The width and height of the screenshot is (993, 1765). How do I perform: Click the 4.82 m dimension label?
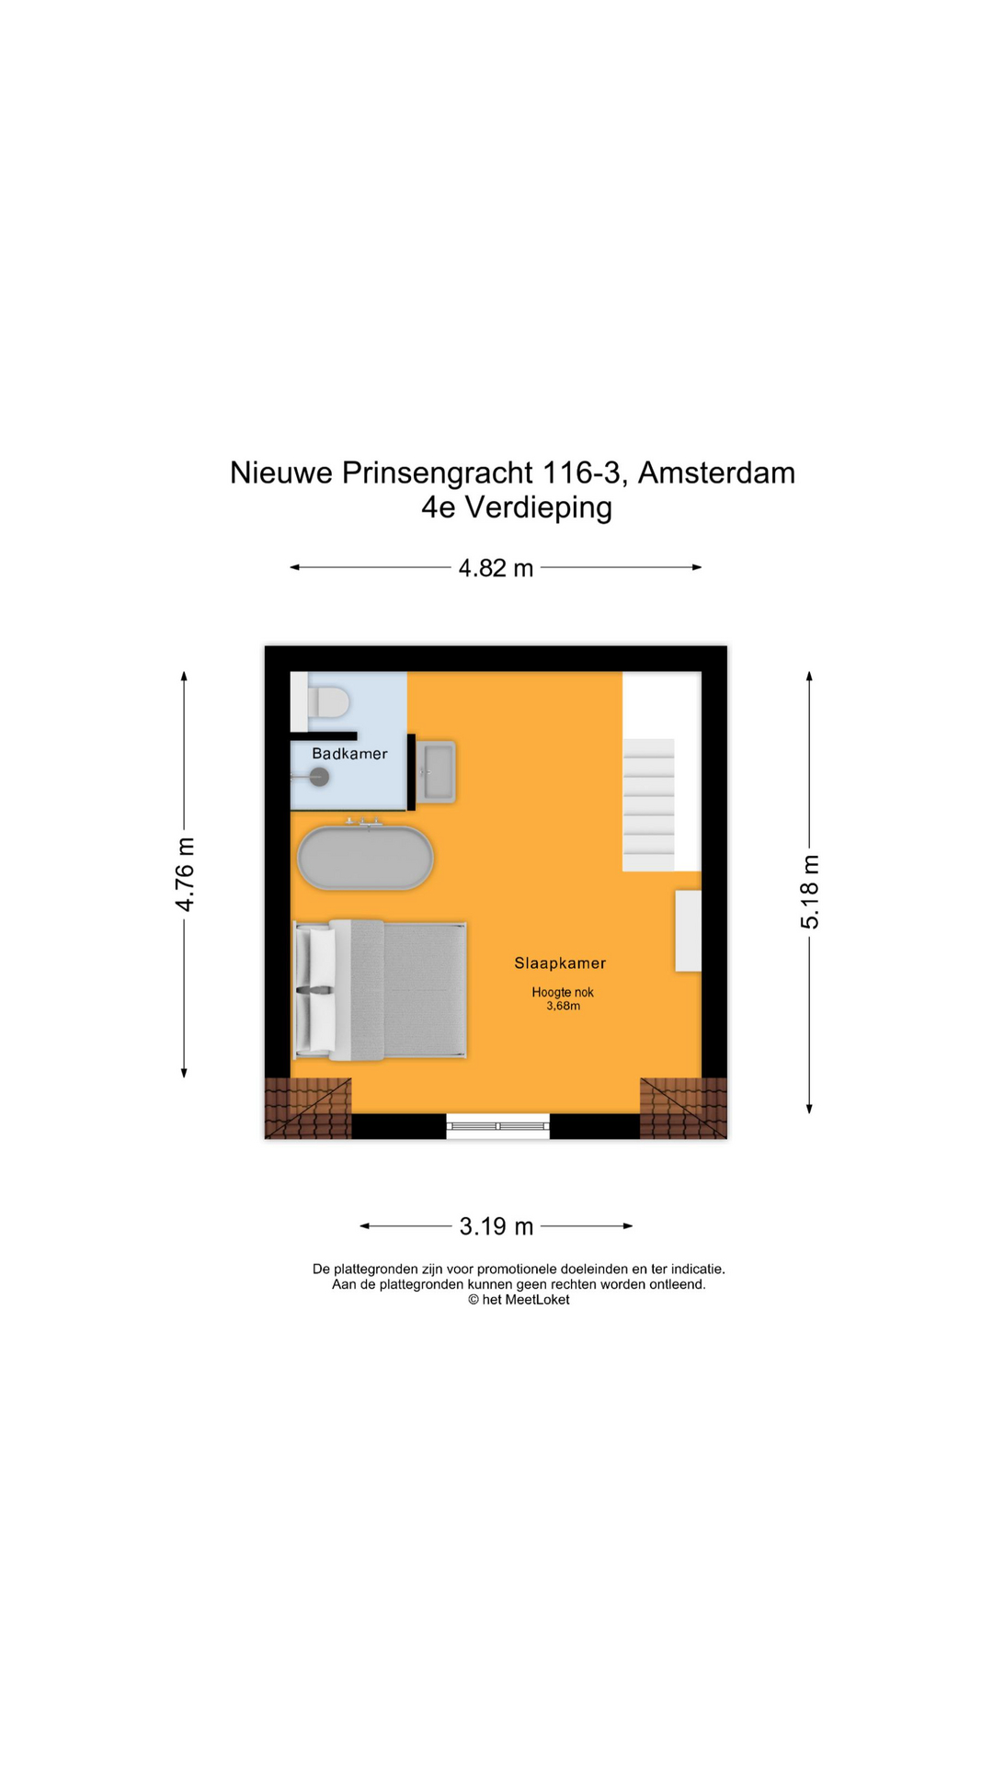coord(496,568)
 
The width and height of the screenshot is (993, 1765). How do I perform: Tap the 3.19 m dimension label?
coord(496,1226)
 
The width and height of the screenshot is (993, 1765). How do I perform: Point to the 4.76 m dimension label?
coord(185,874)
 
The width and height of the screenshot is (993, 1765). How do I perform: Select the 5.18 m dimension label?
coord(809,892)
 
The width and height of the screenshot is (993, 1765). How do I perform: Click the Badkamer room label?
coord(349,754)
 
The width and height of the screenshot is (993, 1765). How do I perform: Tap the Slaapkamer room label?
coord(560,963)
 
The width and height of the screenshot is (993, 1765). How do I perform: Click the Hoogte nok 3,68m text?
coord(563,999)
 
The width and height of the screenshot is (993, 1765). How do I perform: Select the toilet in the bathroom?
coord(326,702)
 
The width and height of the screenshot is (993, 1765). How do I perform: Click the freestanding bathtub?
coord(365,859)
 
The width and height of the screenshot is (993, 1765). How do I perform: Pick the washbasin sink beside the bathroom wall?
coord(437,771)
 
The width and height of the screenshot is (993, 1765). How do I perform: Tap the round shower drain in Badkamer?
coord(319,778)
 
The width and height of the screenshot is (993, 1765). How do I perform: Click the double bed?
coord(380,989)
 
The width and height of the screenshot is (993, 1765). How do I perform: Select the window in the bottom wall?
coord(497,1126)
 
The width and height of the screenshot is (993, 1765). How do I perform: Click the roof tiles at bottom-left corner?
coord(308,1109)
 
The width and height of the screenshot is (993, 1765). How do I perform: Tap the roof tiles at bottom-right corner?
coord(683,1109)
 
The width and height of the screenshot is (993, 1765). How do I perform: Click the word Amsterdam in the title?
coord(716,473)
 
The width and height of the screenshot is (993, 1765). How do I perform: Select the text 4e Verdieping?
coord(517,507)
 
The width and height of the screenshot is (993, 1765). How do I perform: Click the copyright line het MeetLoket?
coord(519,1300)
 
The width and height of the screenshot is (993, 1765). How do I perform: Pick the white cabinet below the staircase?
coord(688,930)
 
